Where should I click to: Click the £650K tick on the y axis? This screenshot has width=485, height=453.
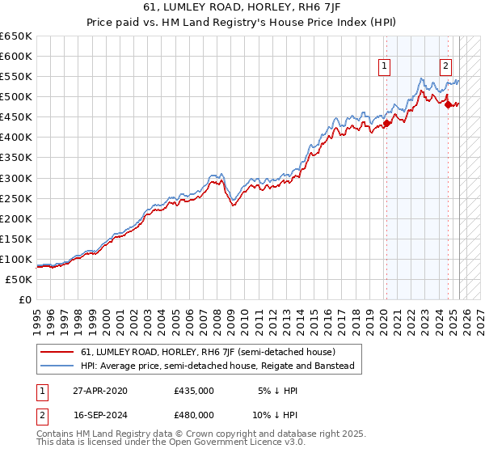click(16, 36)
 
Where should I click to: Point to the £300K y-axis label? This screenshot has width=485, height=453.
click(16, 178)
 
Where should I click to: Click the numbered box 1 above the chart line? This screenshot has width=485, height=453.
click(384, 67)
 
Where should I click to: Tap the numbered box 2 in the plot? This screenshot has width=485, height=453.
click(445, 67)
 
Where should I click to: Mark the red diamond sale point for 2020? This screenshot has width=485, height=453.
click(386, 123)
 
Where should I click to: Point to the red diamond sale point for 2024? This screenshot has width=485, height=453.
click(449, 103)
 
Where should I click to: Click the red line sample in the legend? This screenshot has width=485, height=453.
click(57, 352)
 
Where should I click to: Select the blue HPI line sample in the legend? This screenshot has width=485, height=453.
click(57, 366)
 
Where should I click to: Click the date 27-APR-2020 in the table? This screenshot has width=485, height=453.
click(99, 390)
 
